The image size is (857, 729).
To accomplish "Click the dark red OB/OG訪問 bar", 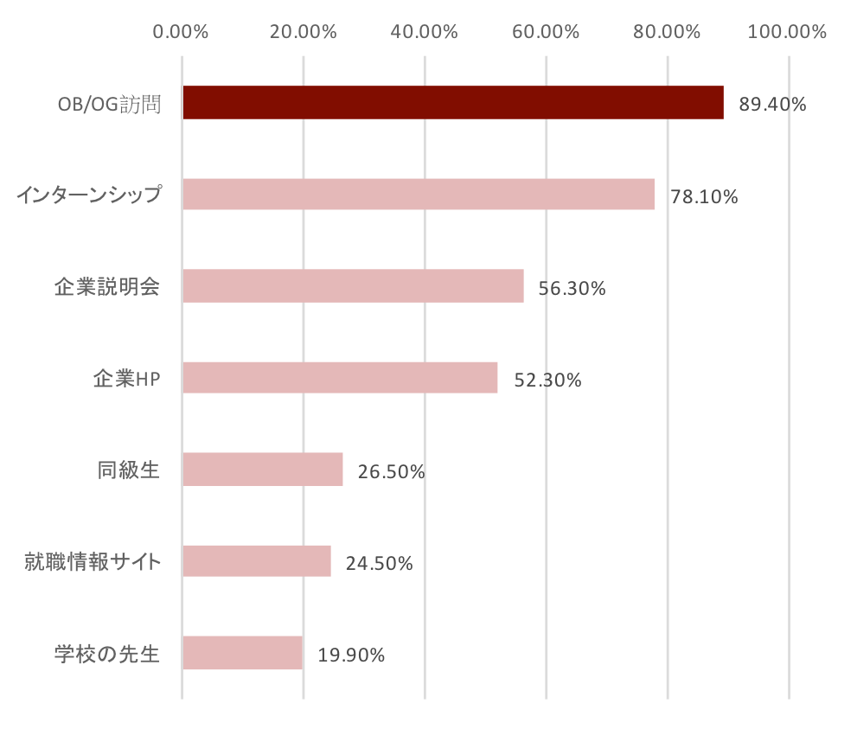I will point(452,103).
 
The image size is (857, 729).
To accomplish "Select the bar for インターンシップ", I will point(419,195).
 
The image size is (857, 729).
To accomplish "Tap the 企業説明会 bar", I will point(353,286).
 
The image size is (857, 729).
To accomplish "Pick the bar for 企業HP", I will point(340,378).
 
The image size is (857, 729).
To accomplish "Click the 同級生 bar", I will point(263,470).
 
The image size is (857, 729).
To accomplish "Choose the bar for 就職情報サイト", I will point(257,561).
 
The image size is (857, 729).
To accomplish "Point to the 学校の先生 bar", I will point(243,653).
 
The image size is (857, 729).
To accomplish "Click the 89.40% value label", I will point(772,105).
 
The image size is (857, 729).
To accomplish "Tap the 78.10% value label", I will point(704,197).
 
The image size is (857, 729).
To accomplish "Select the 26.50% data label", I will point(391,472).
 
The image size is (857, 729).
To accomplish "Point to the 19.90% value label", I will point(351,655).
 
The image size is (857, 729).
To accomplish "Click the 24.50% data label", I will point(379,564).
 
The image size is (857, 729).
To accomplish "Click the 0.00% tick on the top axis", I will point(181,32).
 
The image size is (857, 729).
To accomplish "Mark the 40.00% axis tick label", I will point(424,32).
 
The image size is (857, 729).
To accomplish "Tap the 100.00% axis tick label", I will point(788,32).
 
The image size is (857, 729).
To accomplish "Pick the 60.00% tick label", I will point(546,32).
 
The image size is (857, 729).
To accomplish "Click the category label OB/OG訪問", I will point(109,104).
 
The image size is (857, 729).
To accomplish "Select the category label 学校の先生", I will point(107,654).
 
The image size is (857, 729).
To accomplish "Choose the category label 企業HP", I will point(126,379).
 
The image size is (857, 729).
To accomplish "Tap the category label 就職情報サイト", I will point(92,562).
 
